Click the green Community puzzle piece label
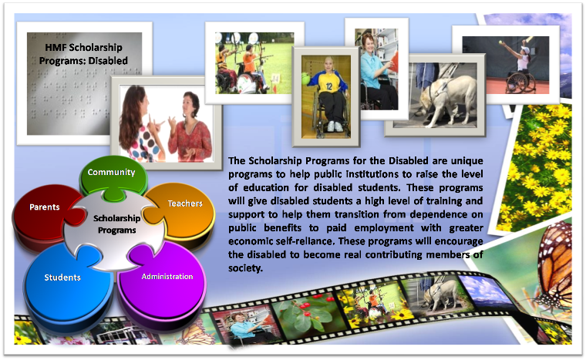coord(111,173)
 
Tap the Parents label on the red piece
coord(45,207)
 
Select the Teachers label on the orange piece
coord(185,204)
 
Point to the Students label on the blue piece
coord(62,278)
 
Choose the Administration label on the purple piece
coord(167,277)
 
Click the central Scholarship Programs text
coord(116,224)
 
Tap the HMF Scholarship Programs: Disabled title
coord(84,54)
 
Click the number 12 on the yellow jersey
coord(329,87)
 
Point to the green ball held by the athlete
coord(306,79)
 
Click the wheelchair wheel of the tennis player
coord(515,82)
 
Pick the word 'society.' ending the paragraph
coord(245,268)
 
